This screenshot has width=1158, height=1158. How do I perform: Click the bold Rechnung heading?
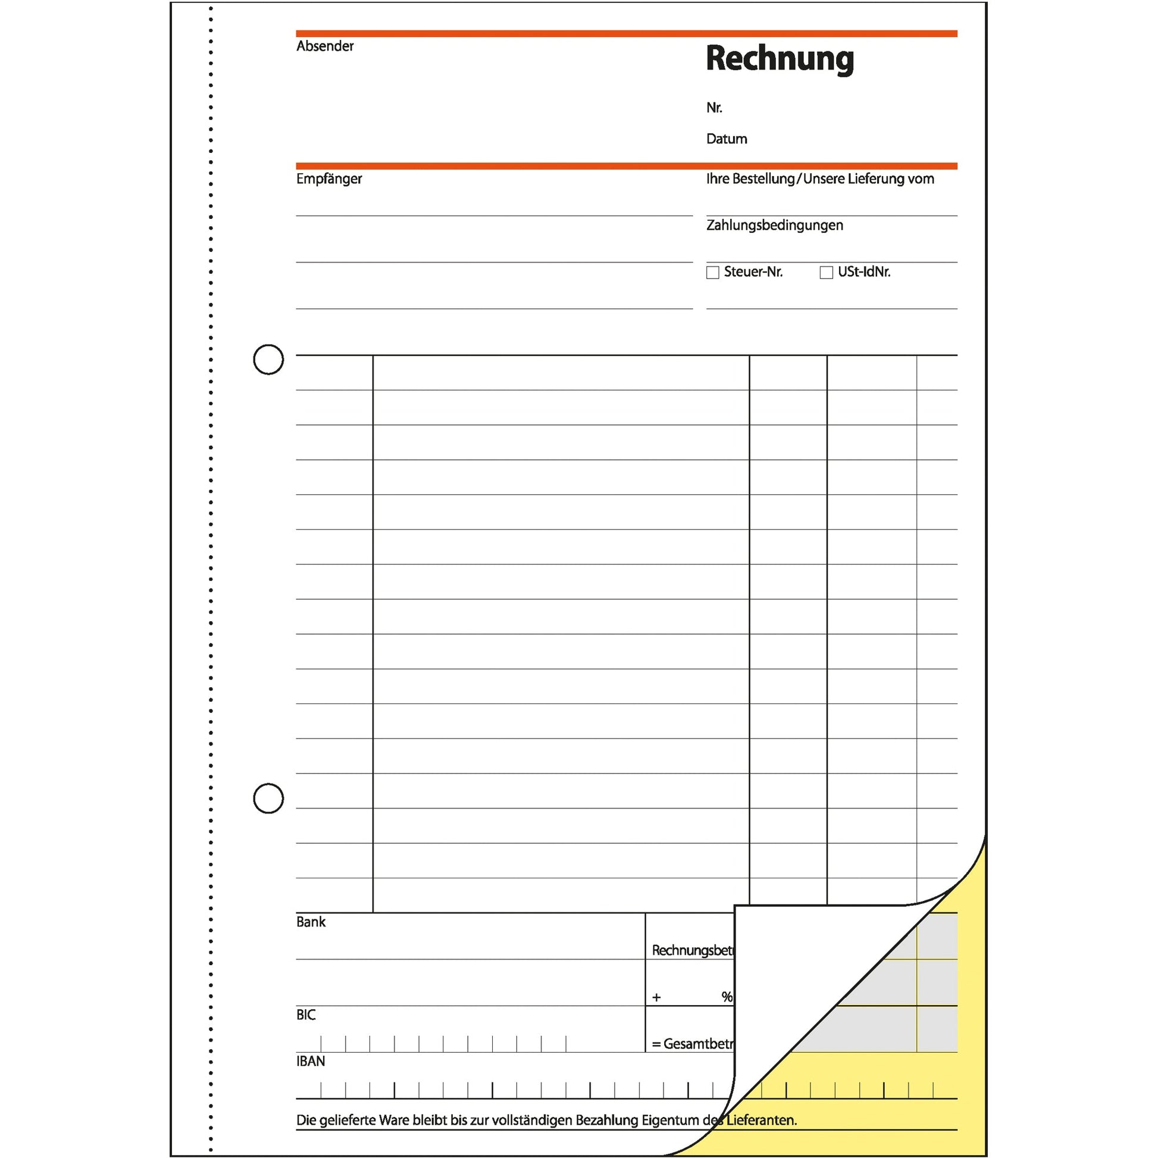click(779, 60)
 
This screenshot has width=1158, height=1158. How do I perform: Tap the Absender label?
click(325, 46)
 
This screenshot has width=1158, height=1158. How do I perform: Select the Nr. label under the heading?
click(714, 108)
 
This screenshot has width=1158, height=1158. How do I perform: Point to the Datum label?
click(727, 139)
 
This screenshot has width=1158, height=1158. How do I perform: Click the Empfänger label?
click(329, 179)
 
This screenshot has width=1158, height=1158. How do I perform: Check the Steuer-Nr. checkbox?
click(713, 273)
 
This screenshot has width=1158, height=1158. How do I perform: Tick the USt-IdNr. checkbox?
click(826, 273)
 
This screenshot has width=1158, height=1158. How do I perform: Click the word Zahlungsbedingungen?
click(774, 226)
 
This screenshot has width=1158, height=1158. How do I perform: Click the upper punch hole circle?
click(268, 359)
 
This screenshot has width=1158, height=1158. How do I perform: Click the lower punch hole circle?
click(268, 799)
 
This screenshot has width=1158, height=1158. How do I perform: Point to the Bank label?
click(311, 922)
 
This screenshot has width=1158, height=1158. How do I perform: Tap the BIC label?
click(306, 1015)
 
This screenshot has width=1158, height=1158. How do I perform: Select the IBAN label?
click(311, 1062)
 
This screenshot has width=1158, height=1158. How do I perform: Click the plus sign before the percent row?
click(656, 997)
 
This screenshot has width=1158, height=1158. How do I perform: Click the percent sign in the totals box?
click(727, 997)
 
